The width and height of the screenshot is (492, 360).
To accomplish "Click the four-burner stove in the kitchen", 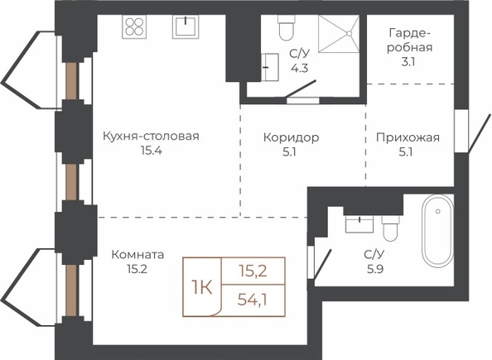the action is pos(134,26).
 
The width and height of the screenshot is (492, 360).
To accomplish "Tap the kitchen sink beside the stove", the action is pos(186,26).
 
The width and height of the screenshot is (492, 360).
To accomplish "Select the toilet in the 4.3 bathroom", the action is pos(286,27).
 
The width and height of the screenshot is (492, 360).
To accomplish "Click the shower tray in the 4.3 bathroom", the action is pos(339,33).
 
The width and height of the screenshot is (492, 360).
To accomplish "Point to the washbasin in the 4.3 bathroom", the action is pos(270,67).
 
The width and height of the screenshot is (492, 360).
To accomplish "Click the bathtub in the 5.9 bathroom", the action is pos(437,231).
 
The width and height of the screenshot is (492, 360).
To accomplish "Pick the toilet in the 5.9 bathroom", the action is pos(391,228).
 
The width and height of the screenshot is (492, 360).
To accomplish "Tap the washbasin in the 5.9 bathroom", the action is pos(359,223).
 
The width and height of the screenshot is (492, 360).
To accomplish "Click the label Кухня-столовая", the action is pos(152,137).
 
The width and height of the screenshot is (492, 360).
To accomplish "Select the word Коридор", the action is pos(292,137).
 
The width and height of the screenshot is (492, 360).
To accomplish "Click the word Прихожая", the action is pos(408,137).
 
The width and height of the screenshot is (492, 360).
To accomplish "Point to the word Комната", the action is pos(137,254).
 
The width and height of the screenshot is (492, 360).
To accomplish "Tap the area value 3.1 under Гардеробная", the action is pos(408,62).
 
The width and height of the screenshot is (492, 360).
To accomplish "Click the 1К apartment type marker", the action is pos(202,287).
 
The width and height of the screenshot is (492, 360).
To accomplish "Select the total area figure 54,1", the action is pos(253,300).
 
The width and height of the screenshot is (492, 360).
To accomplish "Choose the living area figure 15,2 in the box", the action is pos(253,271).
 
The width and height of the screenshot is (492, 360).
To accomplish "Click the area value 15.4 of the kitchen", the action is pos(152,151).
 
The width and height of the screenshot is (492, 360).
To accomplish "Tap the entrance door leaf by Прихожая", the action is pos(479,133).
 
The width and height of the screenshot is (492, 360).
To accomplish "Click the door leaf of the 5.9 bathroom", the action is pos(323,264).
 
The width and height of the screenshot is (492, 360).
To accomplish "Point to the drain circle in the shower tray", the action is pos(350,33).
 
